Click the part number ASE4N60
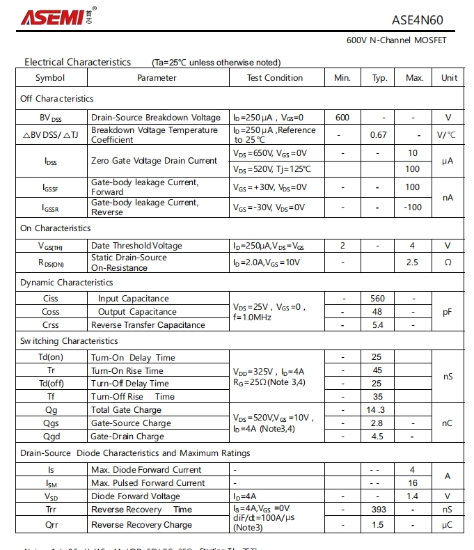point(418,20)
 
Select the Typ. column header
point(379,78)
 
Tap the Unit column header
point(449,78)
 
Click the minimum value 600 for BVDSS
point(342,118)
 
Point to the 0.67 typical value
point(379,134)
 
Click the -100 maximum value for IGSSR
point(413,207)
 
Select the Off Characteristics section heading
point(57,99)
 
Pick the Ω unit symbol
point(448,262)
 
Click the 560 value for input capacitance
point(378,299)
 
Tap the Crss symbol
point(50,325)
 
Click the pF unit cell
point(448,312)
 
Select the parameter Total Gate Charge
point(126,410)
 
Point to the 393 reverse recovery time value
point(379,510)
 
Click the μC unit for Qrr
point(448,524)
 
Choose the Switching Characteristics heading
point(69,341)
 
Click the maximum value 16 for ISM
point(413,483)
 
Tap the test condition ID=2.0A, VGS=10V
point(267,262)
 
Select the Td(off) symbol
point(51,384)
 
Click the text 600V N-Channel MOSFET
point(397,40)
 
